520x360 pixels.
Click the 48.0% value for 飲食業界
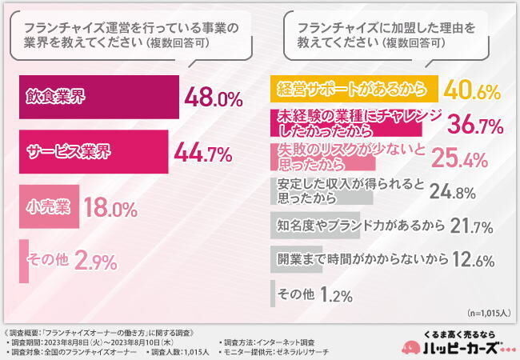click(213, 98)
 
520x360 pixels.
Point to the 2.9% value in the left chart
click(96, 261)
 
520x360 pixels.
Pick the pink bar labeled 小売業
click(46, 206)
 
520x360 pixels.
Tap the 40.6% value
click(473, 89)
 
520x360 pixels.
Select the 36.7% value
click(473, 125)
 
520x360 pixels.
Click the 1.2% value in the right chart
click(337, 295)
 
